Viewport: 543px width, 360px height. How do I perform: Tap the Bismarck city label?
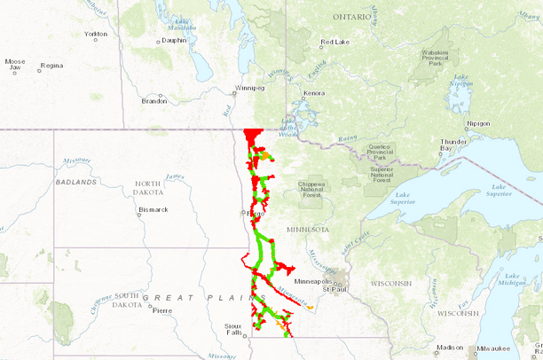click(x=153, y=210)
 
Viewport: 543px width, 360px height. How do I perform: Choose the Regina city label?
click(x=51, y=66)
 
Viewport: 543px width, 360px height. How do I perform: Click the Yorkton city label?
click(x=95, y=34)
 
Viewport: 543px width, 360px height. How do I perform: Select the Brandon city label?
click(x=154, y=101)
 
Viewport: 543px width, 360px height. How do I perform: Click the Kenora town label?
click(x=314, y=93)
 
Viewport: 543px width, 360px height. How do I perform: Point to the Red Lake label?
click(x=336, y=43)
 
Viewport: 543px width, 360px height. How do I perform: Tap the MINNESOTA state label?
click(x=307, y=229)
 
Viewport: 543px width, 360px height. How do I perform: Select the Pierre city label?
click(x=161, y=310)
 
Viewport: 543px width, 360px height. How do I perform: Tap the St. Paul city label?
click(x=334, y=290)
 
